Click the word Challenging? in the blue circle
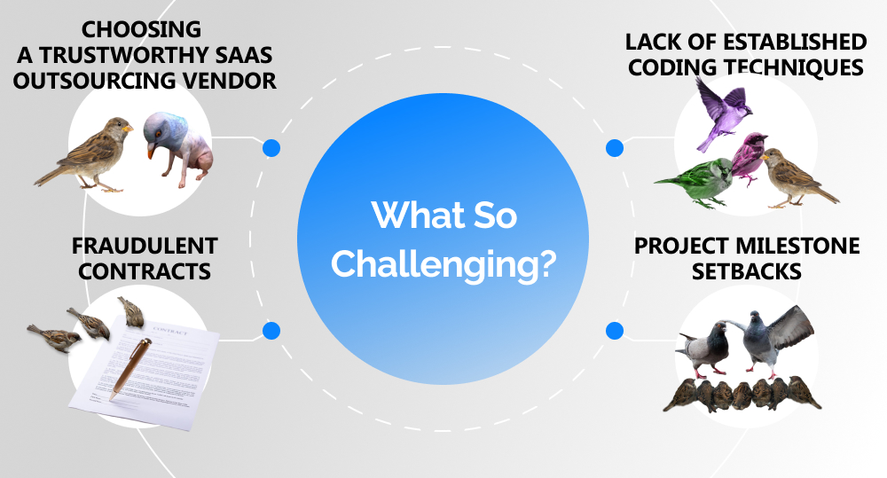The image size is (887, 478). (x=443, y=263)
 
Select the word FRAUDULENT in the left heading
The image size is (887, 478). (x=145, y=246)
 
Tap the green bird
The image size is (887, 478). (x=704, y=183)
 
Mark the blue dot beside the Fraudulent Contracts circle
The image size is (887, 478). (x=271, y=331)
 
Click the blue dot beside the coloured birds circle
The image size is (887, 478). (x=614, y=148)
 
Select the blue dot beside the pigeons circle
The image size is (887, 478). (x=614, y=331)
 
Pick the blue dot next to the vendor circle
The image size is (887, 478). (x=271, y=148)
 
